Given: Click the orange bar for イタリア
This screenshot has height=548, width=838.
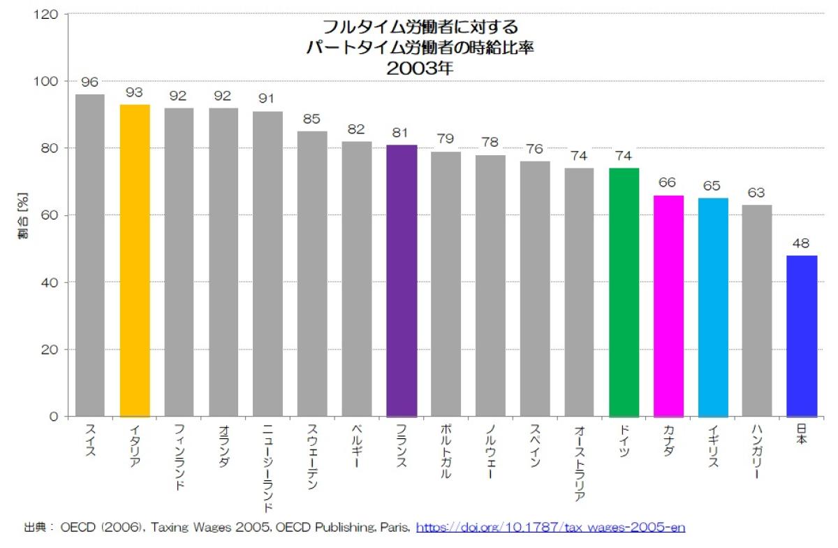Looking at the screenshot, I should [x=135, y=260].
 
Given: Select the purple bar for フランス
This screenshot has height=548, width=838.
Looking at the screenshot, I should [x=402, y=280].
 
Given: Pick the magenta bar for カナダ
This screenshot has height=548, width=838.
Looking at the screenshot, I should [x=668, y=305].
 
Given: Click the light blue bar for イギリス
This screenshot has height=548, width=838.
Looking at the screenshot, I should [x=712, y=307].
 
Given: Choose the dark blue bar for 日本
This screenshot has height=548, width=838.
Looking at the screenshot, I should [x=801, y=336].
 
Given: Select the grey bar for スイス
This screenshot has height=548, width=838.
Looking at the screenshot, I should [x=90, y=255].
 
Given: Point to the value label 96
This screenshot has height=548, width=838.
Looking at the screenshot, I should [x=89, y=82].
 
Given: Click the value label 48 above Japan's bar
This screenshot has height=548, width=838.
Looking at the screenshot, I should [x=801, y=244].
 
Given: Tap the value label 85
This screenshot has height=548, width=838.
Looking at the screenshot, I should [x=311, y=120].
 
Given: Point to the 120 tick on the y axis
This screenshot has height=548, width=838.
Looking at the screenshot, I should [x=50, y=14].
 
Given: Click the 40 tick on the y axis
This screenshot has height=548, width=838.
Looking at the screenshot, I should [x=53, y=282].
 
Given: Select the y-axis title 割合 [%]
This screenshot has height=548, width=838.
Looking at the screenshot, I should [x=22, y=215].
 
